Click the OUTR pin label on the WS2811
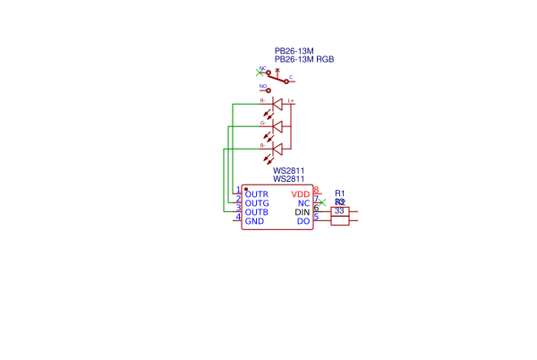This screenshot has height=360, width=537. coord(256,194)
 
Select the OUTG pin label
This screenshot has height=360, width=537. coord(256,203)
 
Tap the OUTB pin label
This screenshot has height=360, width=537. coord(256,212)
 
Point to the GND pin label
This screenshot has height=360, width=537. coord(254,221)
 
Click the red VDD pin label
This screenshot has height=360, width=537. coord(301,194)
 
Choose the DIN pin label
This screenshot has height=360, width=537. coord(302,212)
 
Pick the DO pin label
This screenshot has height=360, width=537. coord(303,221)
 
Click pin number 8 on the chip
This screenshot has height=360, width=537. coord(317,190)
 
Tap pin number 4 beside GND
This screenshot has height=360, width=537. coord(237,217)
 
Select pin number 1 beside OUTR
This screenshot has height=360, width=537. coord(237,190)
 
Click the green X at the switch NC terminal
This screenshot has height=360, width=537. coord(260,73)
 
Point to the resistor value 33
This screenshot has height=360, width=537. coord(339,211)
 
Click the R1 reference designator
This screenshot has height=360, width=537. coord(339,193)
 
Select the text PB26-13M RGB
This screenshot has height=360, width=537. coord(304,59)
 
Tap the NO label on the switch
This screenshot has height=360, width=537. coord(263,87)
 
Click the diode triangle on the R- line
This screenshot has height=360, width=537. coord(277,105)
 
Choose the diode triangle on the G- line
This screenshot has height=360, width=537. coord(277,126)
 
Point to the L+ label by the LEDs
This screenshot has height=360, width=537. coord(291,100)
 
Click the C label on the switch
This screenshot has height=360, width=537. coord(290,78)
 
